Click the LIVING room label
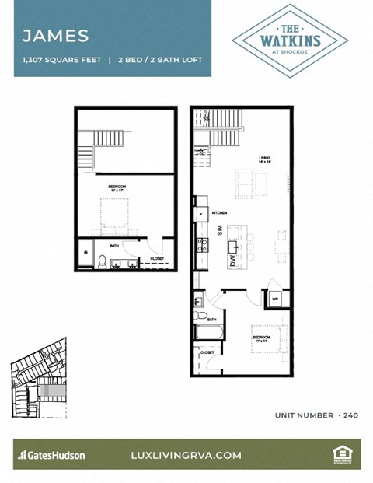[266, 159]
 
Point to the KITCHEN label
[219, 212]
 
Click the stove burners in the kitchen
[203, 247]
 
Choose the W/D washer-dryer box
[276, 297]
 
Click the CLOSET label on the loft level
[157, 258]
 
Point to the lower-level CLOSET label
[207, 352]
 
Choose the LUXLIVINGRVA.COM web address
[186, 455]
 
